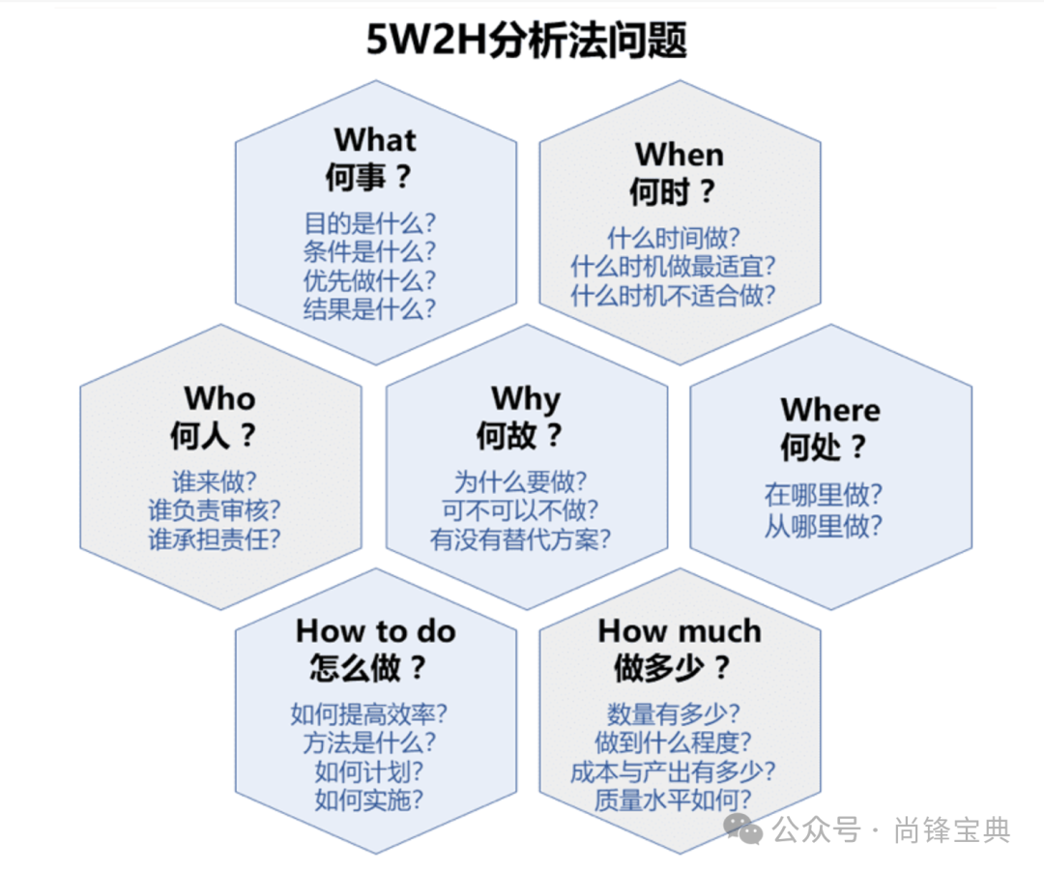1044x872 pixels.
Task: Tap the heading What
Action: point(375,140)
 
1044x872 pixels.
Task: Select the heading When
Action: point(679,155)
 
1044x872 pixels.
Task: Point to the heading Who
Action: point(220,398)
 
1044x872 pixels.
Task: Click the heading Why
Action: point(526,398)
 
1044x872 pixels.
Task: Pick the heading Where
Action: point(830,410)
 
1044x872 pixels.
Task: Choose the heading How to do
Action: point(375,631)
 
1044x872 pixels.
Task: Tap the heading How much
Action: point(680,631)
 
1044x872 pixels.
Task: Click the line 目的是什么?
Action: point(370,223)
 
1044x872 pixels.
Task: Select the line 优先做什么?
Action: point(370,280)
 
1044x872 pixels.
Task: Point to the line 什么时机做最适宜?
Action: point(674,266)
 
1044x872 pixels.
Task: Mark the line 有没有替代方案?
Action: point(521,539)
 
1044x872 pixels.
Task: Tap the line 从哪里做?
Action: point(824,526)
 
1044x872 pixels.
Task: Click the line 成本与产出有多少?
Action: point(674,771)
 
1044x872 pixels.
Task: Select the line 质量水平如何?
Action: point(674,800)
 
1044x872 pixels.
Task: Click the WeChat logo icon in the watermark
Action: point(744,828)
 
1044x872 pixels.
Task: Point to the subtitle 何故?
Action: point(519,436)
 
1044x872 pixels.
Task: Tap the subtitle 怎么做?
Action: point(368,668)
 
